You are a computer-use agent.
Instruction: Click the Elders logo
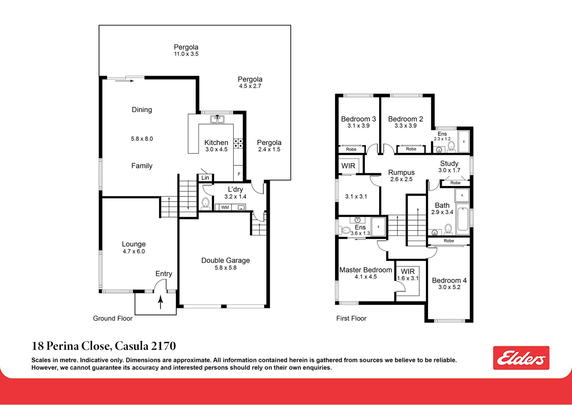(x=521, y=357)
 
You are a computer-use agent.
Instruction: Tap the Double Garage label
(x=226, y=260)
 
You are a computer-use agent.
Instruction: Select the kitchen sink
(x=217, y=119)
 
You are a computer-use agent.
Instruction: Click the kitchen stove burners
(x=238, y=143)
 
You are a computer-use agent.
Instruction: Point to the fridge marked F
(x=238, y=174)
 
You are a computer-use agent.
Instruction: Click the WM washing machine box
(x=225, y=207)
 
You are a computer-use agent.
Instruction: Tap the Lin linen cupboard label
(x=205, y=178)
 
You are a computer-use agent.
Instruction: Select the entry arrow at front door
(x=160, y=302)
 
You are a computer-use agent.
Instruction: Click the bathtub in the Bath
(x=463, y=219)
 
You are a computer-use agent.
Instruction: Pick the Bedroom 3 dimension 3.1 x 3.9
(x=358, y=126)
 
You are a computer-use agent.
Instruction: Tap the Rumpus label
(x=401, y=172)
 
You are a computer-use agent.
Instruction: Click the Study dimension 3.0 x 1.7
(x=449, y=170)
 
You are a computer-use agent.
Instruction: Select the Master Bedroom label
(x=366, y=270)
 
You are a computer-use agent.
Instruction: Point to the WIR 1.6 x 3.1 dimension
(x=408, y=278)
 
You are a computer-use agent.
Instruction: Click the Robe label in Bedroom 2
(x=411, y=149)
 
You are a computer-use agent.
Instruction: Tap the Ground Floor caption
(x=113, y=318)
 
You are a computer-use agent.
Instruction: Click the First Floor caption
(x=351, y=318)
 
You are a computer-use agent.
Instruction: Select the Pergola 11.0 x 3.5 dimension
(x=186, y=54)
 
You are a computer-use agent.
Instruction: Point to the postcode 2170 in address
(x=163, y=346)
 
